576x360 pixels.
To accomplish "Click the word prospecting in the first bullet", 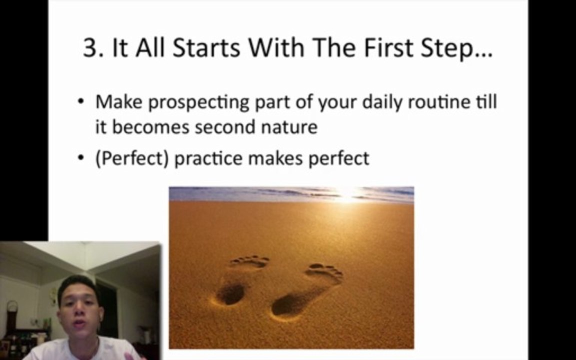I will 199,102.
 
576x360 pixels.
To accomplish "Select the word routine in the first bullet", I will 438,102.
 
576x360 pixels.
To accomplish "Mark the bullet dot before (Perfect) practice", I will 81,158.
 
